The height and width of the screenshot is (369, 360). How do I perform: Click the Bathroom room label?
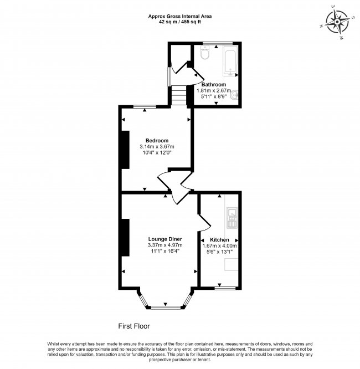[214, 84]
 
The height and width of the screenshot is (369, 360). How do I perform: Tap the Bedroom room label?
[157, 141]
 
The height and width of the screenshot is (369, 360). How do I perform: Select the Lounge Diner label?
[165, 239]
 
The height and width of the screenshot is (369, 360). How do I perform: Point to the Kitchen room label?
[219, 240]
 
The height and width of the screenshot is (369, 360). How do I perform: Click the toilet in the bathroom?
[205, 52]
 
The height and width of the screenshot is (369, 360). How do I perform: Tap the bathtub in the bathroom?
[230, 61]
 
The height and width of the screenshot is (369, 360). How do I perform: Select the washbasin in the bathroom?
[234, 95]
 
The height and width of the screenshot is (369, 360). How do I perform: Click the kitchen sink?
[232, 218]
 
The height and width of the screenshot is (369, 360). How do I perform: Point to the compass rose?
[337, 22]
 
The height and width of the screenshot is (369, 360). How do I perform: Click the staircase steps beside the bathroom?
[179, 95]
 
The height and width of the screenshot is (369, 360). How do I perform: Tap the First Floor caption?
[134, 326]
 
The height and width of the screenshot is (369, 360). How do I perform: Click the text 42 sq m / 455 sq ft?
[180, 22]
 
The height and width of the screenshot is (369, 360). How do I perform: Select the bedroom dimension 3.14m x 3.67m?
[157, 147]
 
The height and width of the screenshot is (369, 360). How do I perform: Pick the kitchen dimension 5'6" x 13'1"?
[219, 252]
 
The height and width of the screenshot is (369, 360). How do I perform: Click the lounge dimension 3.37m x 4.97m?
[165, 245]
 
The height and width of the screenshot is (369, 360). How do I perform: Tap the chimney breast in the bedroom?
[125, 150]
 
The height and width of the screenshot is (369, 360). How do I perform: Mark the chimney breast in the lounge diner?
[125, 238]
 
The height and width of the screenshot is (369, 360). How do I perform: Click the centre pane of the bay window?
[166, 307]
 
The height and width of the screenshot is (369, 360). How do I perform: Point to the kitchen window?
[225, 288]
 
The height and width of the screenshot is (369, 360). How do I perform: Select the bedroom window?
[145, 106]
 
